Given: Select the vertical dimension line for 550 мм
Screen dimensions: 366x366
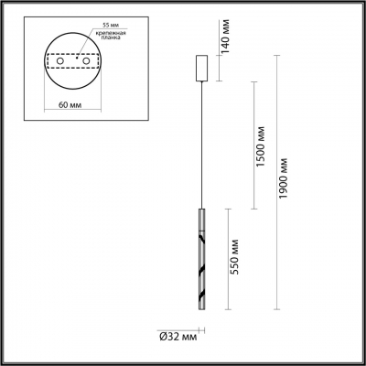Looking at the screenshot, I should pyautogui.click(x=225, y=265).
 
